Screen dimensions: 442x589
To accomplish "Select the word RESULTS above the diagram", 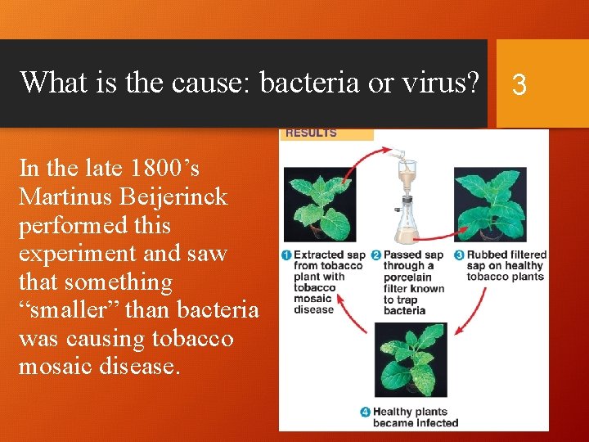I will [x=311, y=133].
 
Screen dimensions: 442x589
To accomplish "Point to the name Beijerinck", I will [x=187, y=196].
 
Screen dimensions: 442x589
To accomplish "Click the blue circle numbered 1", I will [x=286, y=255].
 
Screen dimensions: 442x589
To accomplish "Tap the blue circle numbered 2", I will [x=377, y=255].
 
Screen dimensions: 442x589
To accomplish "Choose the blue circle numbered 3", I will [x=460, y=255].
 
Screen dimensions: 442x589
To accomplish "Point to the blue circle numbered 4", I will [x=366, y=412].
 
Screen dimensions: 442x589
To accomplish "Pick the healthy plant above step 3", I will [x=491, y=205].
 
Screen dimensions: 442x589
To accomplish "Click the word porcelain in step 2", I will [x=407, y=277].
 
